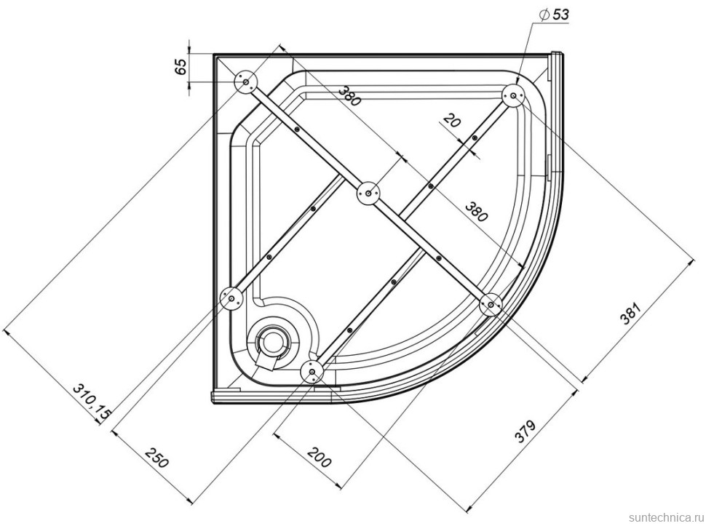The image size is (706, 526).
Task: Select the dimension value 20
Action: (452, 121)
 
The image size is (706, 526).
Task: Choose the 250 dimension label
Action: (157, 460)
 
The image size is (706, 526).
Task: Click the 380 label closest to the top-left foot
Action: (349, 94)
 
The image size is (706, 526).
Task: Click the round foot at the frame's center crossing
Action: (368, 194)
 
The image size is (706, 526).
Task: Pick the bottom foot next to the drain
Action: (312, 372)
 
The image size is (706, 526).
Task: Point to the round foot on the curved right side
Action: (491, 304)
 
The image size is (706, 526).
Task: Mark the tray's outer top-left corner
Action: (213, 55)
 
